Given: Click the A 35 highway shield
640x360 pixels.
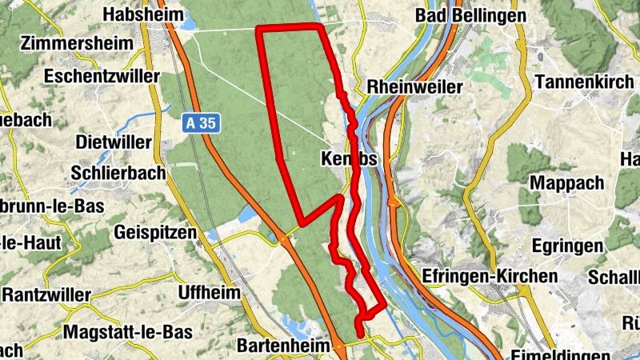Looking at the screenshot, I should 200,123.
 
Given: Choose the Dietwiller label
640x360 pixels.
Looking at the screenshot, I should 112,142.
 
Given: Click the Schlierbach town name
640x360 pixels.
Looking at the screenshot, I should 118,172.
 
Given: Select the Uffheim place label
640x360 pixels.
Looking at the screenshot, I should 210,292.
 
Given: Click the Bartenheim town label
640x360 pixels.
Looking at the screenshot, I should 284,346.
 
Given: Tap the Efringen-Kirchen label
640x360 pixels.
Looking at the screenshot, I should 491,276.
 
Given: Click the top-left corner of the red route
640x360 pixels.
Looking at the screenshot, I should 258,28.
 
